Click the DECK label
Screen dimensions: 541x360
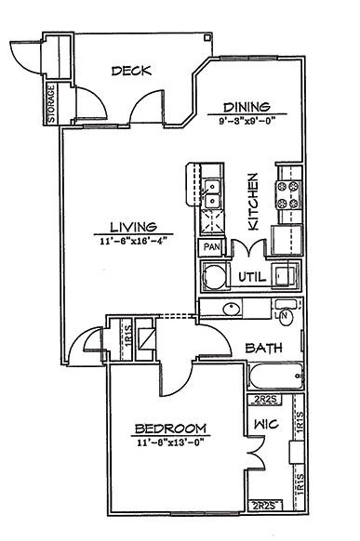(131, 72)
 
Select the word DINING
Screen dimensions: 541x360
(246, 106)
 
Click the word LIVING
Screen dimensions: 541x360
(130, 227)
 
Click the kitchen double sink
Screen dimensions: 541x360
(212, 195)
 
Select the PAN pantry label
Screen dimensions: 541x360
(212, 248)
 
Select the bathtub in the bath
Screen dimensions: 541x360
(276, 376)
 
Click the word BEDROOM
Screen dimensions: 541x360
(170, 429)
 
